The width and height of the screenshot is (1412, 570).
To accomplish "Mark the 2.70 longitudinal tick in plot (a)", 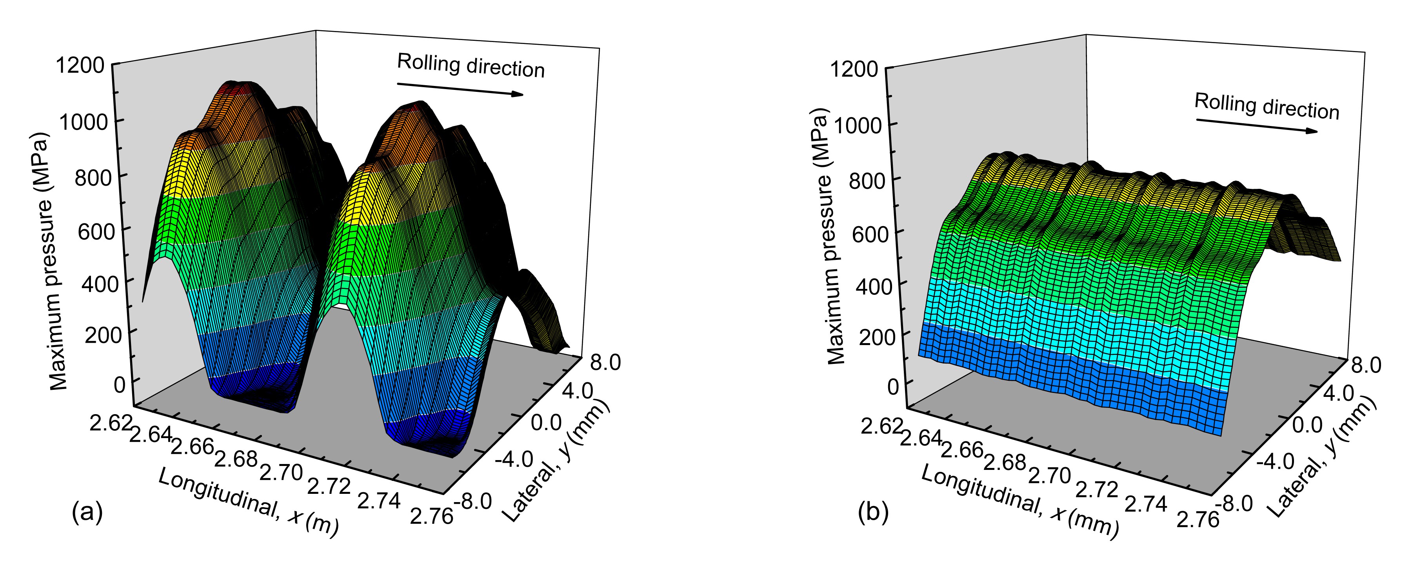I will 280,472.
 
